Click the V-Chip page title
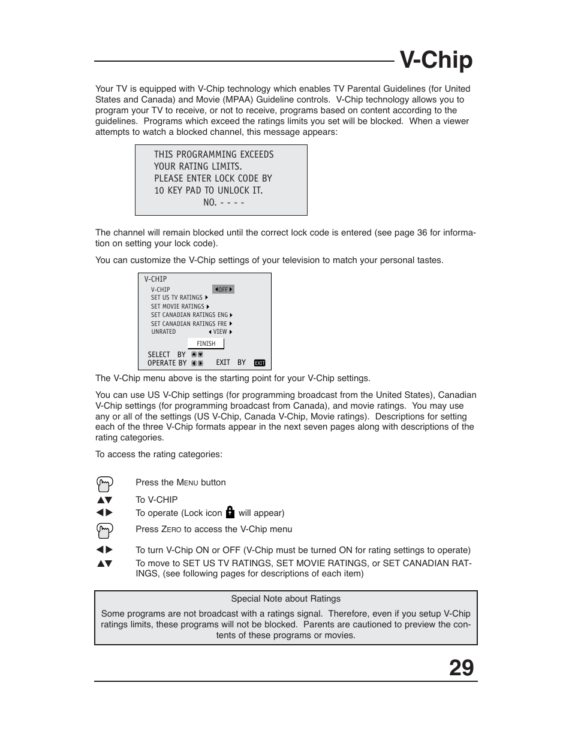tap(436, 61)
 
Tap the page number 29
tap(461, 667)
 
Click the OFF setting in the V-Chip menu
tap(223, 289)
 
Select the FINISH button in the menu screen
tap(206, 343)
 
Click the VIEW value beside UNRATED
tap(220, 332)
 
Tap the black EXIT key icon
tap(259, 363)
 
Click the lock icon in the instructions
tap(230, 512)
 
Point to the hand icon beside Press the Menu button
tap(104, 484)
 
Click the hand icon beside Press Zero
tap(104, 530)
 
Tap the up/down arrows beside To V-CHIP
tap(104, 500)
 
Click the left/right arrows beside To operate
tap(104, 513)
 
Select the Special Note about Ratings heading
tap(285, 599)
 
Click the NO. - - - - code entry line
tap(224, 203)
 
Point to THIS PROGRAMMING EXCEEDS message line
tap(213, 155)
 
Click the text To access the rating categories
tap(158, 454)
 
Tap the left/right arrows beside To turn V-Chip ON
tap(104, 550)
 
